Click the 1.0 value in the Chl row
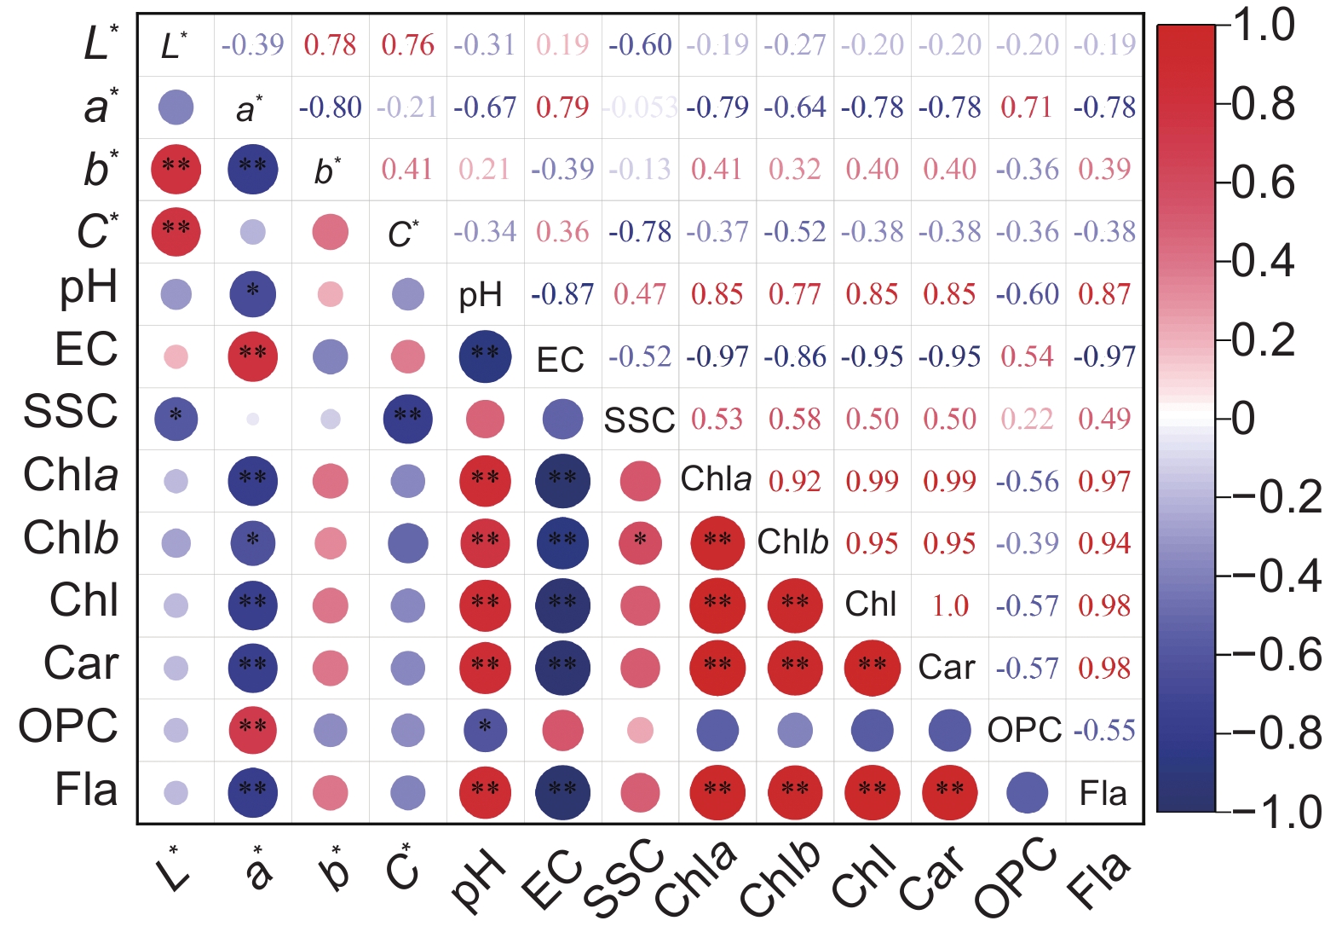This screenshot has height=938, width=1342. pyautogui.click(x=949, y=605)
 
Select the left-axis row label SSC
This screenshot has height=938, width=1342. pyautogui.click(x=71, y=412)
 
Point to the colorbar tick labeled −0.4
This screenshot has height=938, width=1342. pyautogui.click(x=1278, y=576)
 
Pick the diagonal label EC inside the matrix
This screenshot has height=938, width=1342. pyautogui.click(x=560, y=360)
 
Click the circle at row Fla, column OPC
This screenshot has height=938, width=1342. pyautogui.click(x=1027, y=792)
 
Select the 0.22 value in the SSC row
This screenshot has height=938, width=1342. pyautogui.click(x=1027, y=419)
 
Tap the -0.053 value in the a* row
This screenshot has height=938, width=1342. pyautogui.click(x=639, y=107)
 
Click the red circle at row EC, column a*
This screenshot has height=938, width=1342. pyautogui.click(x=252, y=356)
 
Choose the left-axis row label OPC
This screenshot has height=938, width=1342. pyautogui.click(x=68, y=727)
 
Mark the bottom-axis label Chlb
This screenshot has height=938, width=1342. pyautogui.click(x=780, y=878)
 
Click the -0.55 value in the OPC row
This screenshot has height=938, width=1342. pyautogui.click(x=1104, y=730)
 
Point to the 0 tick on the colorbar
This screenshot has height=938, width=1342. pyautogui.click(x=1244, y=419)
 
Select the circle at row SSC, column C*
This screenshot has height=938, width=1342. pyautogui.click(x=407, y=419)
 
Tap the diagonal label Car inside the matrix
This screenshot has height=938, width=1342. pyautogui.click(x=947, y=668)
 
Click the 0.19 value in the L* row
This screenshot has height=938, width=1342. pyautogui.click(x=562, y=44)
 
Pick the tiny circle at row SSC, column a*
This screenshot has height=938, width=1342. pyautogui.click(x=252, y=419)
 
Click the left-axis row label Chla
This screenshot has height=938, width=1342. pyautogui.click(x=71, y=475)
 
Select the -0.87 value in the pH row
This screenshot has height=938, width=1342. pyautogui.click(x=562, y=294)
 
